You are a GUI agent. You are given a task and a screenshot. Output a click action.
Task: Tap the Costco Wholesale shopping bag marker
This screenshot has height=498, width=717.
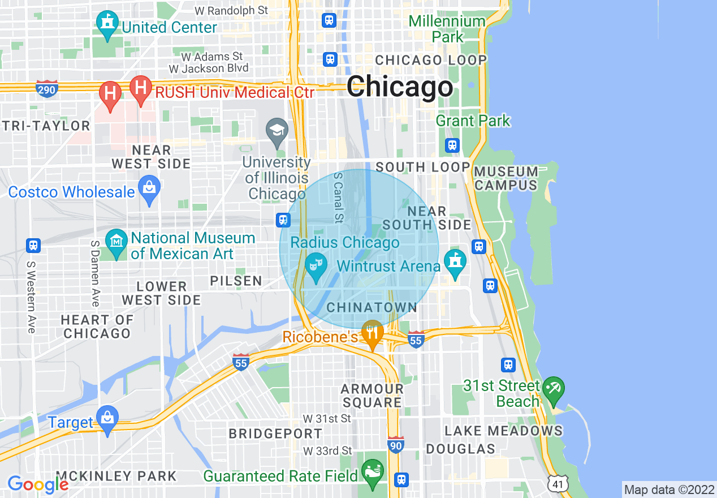[149, 191]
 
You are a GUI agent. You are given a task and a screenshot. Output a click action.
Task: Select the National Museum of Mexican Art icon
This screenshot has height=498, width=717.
[116, 244]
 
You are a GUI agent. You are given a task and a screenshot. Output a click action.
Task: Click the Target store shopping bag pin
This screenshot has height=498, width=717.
[106, 420]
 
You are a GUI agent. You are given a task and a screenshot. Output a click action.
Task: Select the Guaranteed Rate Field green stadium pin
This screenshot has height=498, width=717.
[373, 473]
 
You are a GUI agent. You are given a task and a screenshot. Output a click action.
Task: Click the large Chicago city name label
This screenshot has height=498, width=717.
[400, 87]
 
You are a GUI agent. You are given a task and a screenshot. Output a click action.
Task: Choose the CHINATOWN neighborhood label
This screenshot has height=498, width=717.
[372, 308]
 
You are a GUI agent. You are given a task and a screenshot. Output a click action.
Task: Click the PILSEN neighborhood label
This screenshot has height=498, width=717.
[236, 281]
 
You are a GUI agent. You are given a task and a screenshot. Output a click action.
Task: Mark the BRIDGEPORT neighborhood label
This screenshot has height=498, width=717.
[275, 434]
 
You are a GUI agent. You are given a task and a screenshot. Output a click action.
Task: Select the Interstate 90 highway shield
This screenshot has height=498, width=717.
[396, 444]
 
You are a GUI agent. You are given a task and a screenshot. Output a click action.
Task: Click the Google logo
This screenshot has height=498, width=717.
[38, 484]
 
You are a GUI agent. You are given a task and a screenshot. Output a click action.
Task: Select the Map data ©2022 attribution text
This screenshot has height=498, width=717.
[669, 489]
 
